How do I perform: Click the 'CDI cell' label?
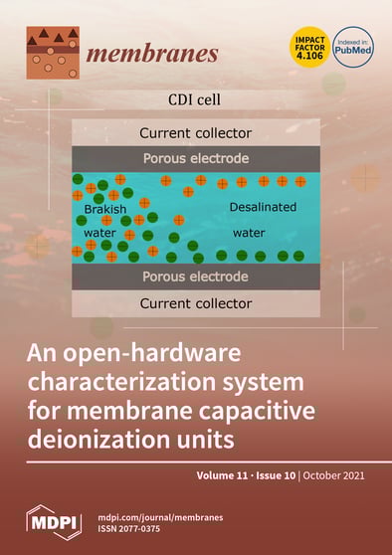pyautogui.click(x=196, y=99)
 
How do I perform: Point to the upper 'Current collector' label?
pyautogui.click(x=195, y=132)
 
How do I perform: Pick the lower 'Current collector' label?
pyautogui.click(x=195, y=302)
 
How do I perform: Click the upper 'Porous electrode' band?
pyautogui.click(x=195, y=158)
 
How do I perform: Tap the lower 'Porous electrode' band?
pyautogui.click(x=195, y=276)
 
